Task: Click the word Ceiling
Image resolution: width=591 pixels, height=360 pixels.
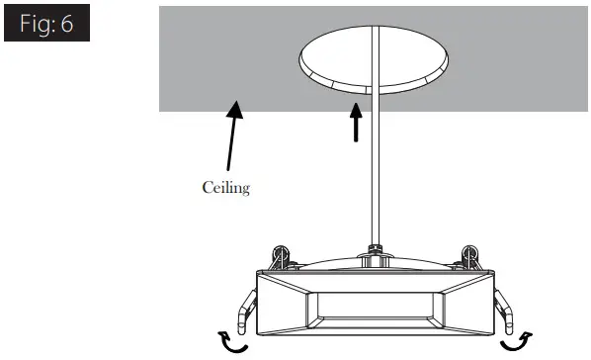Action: click(x=225, y=187)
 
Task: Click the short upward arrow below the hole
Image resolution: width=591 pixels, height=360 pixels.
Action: click(x=355, y=124)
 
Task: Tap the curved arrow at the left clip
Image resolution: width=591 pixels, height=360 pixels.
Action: click(x=236, y=342)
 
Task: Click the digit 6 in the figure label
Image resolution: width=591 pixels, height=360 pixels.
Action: click(x=67, y=24)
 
